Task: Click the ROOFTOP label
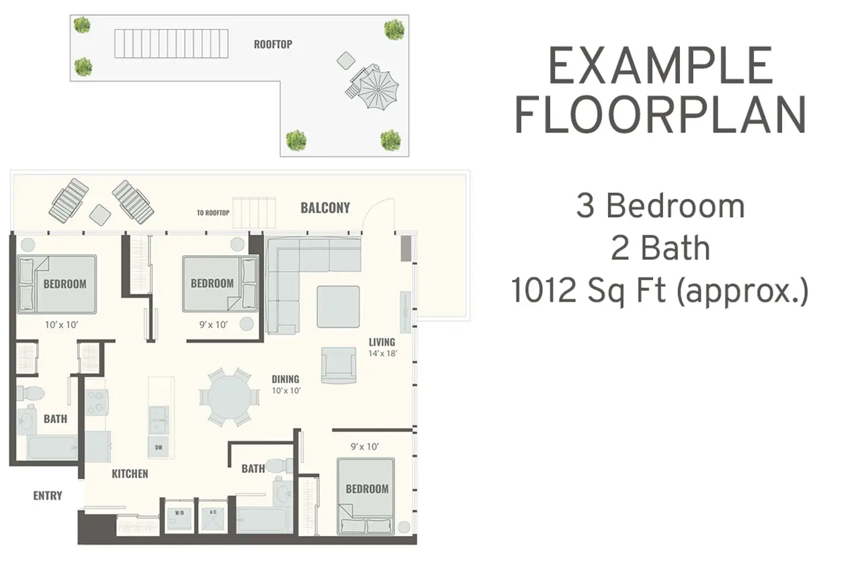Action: [x=273, y=44]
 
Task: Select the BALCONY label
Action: [x=325, y=208]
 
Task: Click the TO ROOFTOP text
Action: [x=213, y=213]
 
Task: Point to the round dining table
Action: [x=229, y=396]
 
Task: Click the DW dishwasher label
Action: [x=159, y=447]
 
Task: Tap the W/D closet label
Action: [x=179, y=513]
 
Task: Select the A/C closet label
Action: [x=213, y=512]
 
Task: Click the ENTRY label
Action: [x=48, y=496]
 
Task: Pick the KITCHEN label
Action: [x=130, y=474]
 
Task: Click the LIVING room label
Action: [x=382, y=342]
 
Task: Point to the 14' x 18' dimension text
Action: [x=383, y=353]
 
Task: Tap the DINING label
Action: [x=286, y=379]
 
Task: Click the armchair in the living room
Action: [x=339, y=365]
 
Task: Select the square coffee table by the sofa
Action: [x=338, y=306]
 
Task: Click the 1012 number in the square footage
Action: [x=544, y=291]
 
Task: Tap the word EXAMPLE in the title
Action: [x=660, y=66]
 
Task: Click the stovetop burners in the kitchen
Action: [x=96, y=402]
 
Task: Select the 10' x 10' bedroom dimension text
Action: [x=61, y=325]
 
